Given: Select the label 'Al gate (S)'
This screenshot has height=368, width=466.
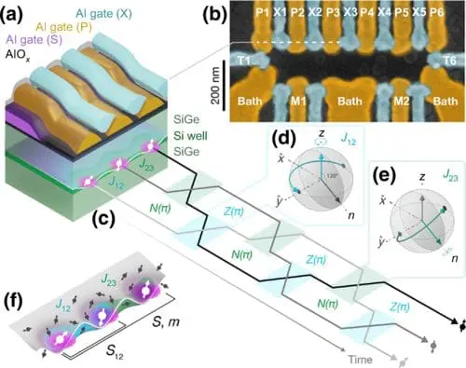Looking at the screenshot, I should pyautogui.click(x=35, y=40).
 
